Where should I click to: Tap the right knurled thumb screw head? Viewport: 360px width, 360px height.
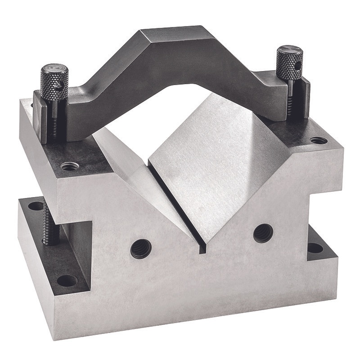click(x=289, y=63)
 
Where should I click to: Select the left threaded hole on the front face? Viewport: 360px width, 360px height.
click(x=140, y=248)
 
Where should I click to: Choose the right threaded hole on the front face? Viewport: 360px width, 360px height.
click(x=263, y=233)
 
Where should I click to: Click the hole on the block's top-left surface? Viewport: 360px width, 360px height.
click(x=70, y=166)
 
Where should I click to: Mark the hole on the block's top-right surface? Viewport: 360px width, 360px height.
click(x=319, y=140)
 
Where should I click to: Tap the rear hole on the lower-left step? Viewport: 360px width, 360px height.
click(x=36, y=206)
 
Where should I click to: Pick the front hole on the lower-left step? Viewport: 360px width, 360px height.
click(x=67, y=280)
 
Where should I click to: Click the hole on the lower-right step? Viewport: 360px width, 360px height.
click(x=315, y=247)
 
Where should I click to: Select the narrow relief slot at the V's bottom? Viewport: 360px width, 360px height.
click(x=180, y=211)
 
